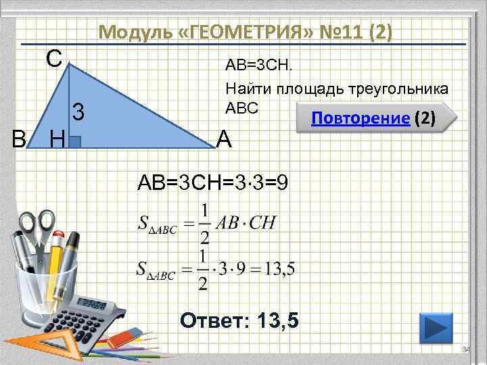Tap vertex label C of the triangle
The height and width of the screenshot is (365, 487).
point(54,58)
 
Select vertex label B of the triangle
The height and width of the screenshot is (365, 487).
point(20,139)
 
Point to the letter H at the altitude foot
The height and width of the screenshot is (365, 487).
point(57,140)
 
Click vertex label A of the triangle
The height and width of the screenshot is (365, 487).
point(225,139)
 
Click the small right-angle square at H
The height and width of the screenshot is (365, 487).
point(76,141)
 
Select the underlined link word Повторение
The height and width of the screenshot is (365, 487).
point(360,120)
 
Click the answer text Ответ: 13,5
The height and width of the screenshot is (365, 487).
point(239,319)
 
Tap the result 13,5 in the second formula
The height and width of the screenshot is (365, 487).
point(279,269)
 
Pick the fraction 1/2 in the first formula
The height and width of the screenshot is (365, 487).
point(204,224)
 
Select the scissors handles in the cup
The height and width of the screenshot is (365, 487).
point(37,226)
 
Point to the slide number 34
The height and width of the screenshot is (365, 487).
point(465,349)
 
